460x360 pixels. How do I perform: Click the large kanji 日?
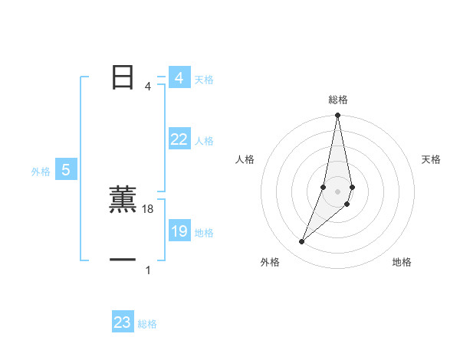point(123,77)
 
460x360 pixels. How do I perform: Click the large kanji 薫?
point(123,201)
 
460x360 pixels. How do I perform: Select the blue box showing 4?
point(179,78)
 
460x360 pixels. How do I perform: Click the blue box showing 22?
point(179,139)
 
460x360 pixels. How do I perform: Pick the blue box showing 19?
point(179,231)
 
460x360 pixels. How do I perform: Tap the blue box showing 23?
point(122,322)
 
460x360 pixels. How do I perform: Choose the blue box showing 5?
point(66,171)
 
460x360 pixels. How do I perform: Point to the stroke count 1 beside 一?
point(148,270)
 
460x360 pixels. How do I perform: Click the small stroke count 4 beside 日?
point(148,87)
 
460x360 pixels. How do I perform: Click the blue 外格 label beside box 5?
point(41,172)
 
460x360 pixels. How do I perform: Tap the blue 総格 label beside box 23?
point(147,324)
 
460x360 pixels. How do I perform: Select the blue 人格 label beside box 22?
point(204,141)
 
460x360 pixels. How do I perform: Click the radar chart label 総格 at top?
point(338,100)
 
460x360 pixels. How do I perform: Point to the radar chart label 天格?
point(431,159)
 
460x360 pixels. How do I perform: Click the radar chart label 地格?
point(402,262)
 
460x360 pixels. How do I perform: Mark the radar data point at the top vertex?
point(338,116)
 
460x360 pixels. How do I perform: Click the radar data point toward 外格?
point(302,242)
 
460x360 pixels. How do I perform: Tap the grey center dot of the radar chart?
point(338,191)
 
